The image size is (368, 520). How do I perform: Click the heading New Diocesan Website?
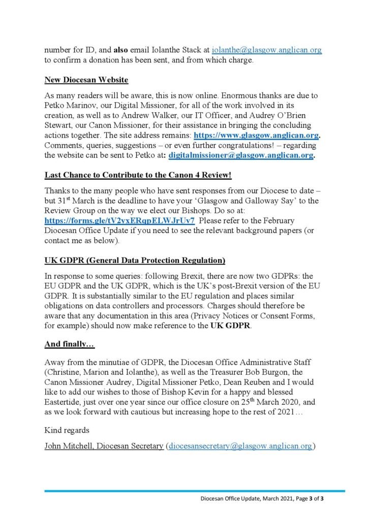86,80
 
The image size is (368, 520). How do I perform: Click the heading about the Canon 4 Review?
138,175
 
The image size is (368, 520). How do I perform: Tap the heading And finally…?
70,344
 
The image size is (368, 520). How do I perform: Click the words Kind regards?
67,430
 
